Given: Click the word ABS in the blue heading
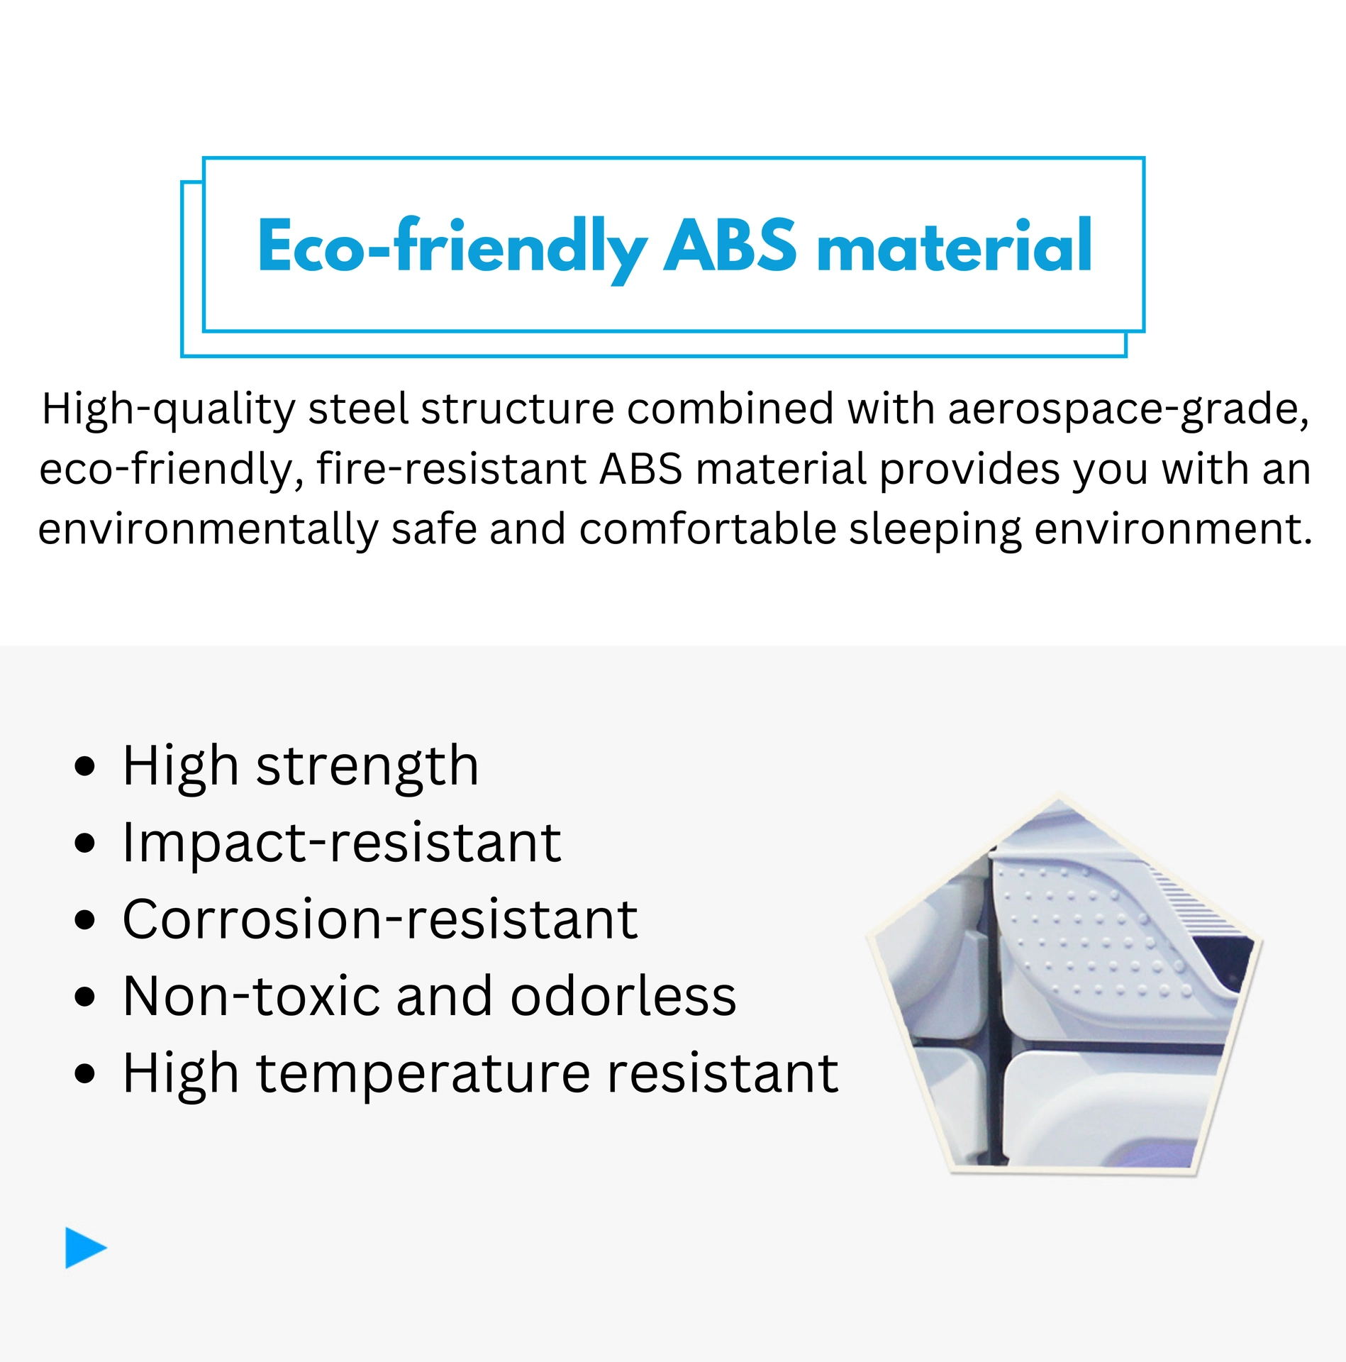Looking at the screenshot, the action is (x=730, y=245).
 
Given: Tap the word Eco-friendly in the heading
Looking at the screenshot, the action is (x=452, y=249).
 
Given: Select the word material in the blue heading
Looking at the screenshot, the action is (x=955, y=245).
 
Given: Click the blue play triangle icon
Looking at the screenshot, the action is (x=86, y=1247).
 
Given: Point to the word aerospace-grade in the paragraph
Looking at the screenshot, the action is (x=1128, y=411).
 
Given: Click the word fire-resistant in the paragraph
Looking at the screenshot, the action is (x=452, y=469).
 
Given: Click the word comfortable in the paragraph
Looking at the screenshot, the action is (x=708, y=528).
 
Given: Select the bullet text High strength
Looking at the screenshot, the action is (x=301, y=767).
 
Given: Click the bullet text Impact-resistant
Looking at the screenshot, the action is (x=342, y=843).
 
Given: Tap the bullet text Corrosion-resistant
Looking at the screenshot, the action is (x=380, y=919).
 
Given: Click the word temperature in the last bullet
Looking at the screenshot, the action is (x=423, y=1074).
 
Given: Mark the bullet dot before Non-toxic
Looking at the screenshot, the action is (x=84, y=997).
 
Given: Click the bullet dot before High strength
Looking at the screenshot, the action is (x=84, y=767).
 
